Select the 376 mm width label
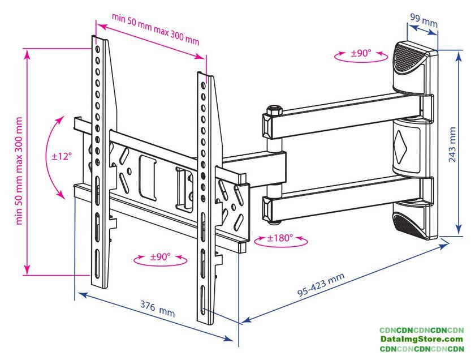click(158, 308)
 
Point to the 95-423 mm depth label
click(321, 285)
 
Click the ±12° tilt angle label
click(62, 156)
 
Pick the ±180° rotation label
click(280, 238)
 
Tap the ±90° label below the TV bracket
click(160, 257)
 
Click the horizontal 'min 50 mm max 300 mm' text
click(156, 30)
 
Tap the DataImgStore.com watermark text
click(421, 339)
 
